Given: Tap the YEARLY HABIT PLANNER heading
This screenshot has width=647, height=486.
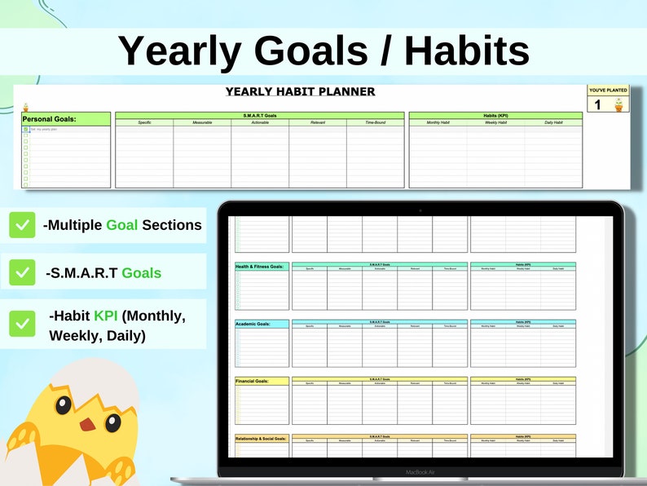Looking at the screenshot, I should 300,91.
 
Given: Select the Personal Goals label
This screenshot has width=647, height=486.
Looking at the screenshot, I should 49,119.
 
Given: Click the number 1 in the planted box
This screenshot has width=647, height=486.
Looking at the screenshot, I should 597,104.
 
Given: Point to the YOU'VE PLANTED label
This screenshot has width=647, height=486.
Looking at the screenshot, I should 608,90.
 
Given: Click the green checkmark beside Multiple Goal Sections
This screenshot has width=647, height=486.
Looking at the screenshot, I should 22,224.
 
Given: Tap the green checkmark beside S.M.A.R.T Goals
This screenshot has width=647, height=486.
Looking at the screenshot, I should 22,273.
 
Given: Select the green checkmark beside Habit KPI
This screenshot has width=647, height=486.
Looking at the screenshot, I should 22,323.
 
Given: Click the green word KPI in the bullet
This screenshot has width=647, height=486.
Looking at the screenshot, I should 106,316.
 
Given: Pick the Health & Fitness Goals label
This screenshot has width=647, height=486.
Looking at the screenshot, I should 260,267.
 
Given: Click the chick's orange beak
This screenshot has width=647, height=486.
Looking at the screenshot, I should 85,424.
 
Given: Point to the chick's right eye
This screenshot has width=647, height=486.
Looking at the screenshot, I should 112,422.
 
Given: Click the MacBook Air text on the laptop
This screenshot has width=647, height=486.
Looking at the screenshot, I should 420,472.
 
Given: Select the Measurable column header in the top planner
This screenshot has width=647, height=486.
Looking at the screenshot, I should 202,122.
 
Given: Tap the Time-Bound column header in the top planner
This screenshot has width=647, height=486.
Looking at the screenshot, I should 375,122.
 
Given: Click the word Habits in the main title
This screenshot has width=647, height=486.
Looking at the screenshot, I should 466,51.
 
